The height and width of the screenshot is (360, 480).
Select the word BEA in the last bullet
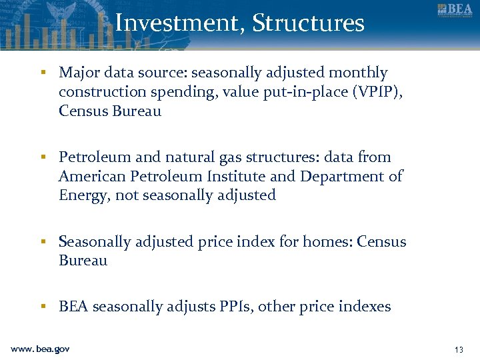73,307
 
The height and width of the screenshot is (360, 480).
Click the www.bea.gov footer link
40,349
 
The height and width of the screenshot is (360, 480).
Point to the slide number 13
458,349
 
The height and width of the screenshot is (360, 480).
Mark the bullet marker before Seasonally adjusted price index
43,242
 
